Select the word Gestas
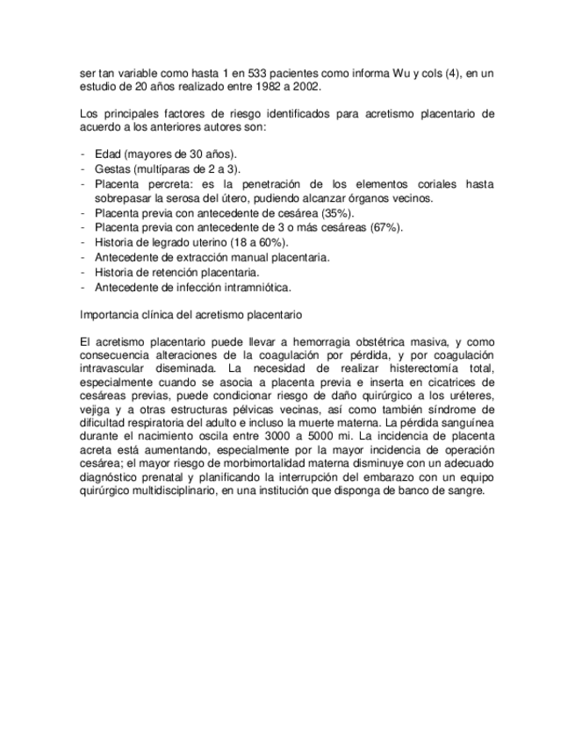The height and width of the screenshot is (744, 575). point(113,168)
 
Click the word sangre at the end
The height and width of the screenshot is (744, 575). point(464,490)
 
